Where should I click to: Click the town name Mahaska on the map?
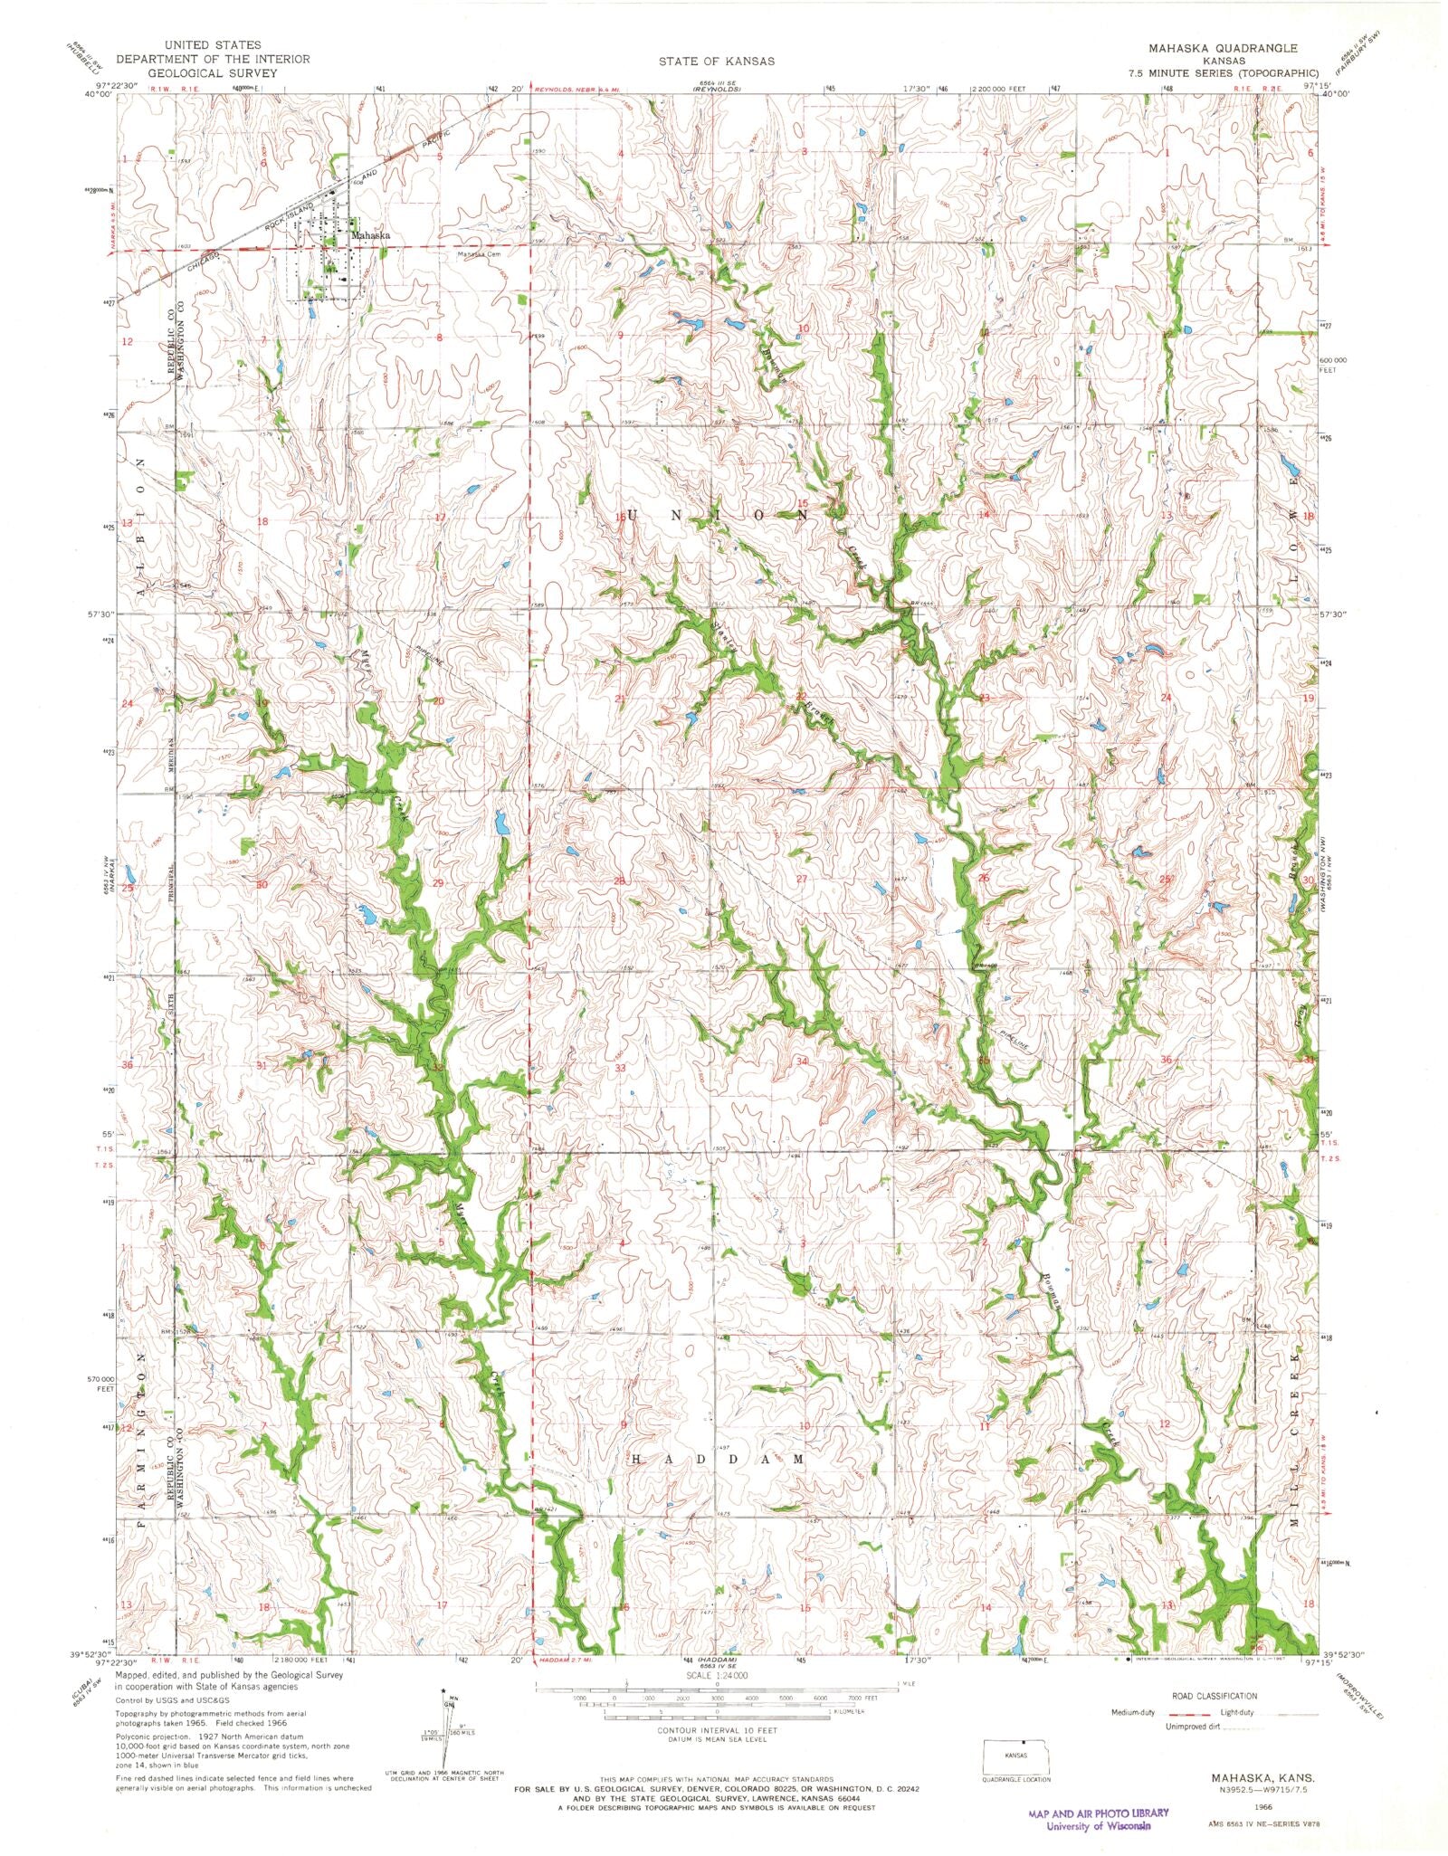(x=371, y=235)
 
